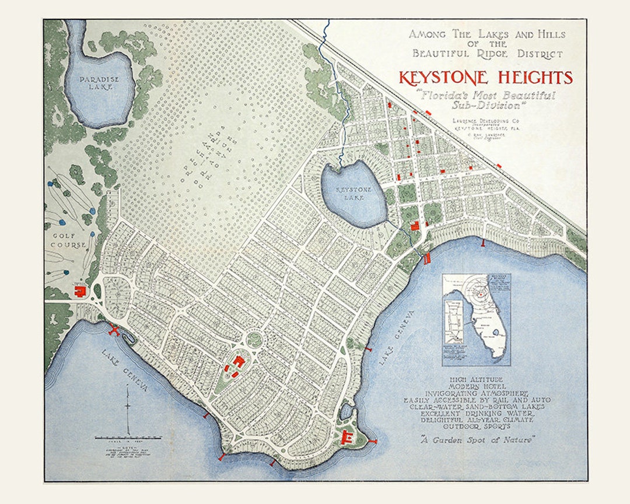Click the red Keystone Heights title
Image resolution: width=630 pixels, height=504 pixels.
coord(485,78)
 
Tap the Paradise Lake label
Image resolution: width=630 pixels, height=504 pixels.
coord(99,83)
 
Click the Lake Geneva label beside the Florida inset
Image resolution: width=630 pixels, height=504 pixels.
coord(397,337)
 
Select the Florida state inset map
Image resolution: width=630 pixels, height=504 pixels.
coord(476,320)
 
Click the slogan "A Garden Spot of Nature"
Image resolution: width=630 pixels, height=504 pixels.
coord(476,440)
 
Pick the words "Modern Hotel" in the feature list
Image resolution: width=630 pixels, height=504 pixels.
coord(476,386)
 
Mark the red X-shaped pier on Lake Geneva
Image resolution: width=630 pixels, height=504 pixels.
coord(114,330)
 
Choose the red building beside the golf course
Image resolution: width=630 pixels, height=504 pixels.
coord(79,290)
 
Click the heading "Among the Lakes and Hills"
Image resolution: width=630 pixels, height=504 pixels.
coord(487,35)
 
